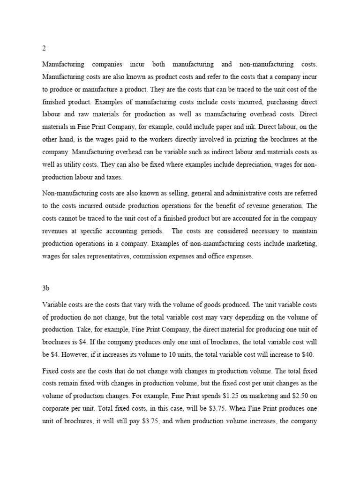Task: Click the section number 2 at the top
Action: tap(44, 48)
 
